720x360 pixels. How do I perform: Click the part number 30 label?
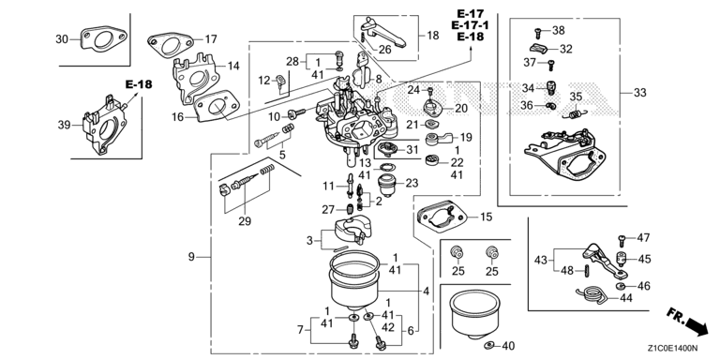[x=62, y=39]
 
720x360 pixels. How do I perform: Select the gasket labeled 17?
[x=169, y=45]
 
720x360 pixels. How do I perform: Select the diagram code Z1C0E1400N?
[x=674, y=348]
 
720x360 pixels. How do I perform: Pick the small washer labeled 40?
[x=489, y=345]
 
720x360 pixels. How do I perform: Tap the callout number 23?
[x=412, y=183]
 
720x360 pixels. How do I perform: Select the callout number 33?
[x=639, y=93]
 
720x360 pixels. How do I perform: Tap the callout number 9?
[x=191, y=257]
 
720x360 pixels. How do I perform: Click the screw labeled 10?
[x=296, y=112]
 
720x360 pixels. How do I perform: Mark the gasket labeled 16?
[x=216, y=106]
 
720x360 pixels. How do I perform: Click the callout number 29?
[x=245, y=221]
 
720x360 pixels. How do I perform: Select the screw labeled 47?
[x=622, y=238]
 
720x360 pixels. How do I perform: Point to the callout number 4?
[x=427, y=292]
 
